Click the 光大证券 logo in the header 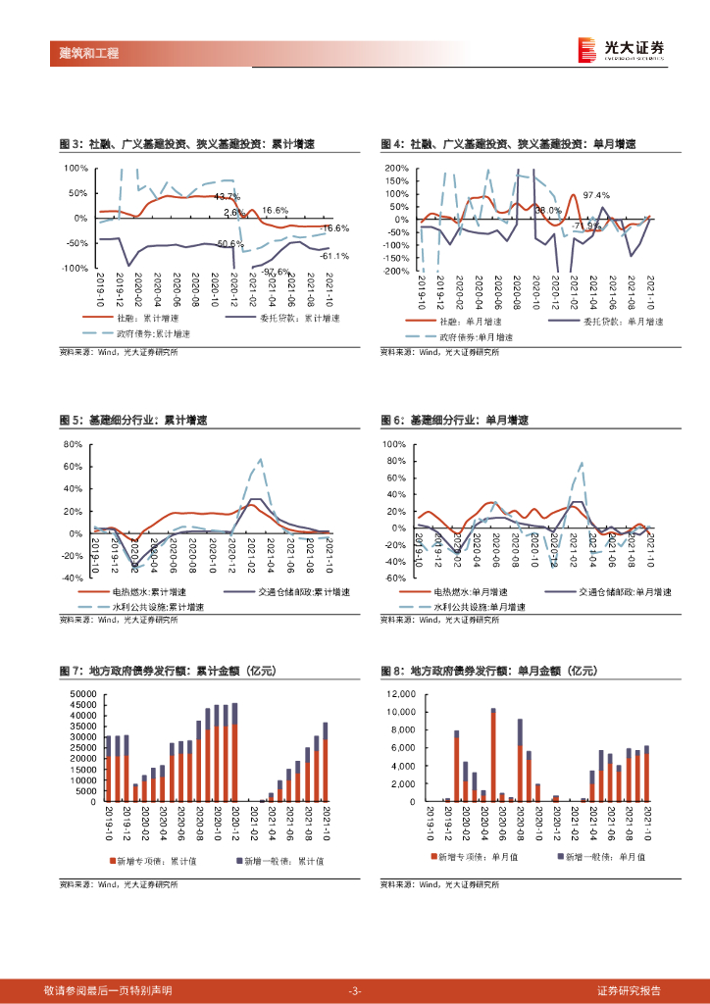621,50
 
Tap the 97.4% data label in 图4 596,195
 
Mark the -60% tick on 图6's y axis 394,577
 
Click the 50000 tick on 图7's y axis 82,695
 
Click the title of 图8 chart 489,672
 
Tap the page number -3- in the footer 355,990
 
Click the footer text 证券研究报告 629,990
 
